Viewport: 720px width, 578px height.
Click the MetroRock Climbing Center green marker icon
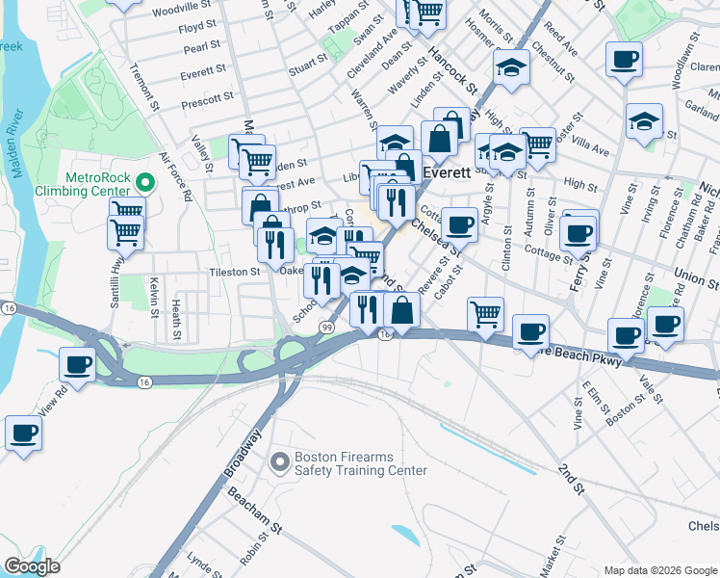coord(145,181)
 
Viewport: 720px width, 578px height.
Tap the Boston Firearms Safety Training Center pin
coord(279,462)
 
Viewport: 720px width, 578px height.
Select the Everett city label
coord(448,173)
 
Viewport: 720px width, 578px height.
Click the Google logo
coord(32,566)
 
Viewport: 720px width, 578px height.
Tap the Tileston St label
coord(235,273)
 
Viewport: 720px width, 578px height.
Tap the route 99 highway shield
coord(327,329)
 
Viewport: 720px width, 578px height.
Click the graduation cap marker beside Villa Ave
coord(644,121)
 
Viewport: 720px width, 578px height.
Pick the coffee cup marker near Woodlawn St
coord(624,60)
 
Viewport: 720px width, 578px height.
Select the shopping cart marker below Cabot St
coord(485,312)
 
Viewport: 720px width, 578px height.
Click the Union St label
coord(696,277)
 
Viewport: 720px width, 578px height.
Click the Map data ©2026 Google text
coord(659,570)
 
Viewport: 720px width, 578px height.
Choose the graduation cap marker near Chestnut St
coord(511,67)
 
